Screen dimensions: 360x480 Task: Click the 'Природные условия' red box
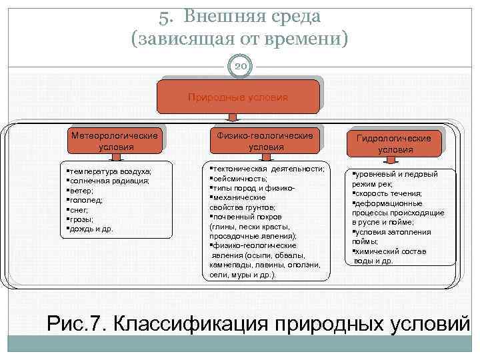pyautogui.click(x=238, y=97)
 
